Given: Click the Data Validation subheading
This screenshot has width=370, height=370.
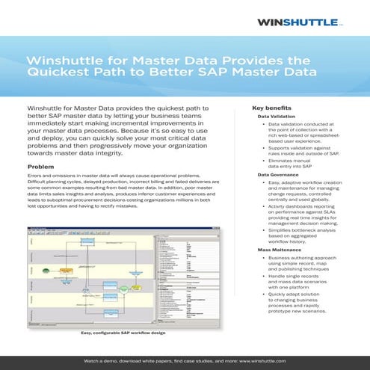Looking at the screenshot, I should pos(278,117).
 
